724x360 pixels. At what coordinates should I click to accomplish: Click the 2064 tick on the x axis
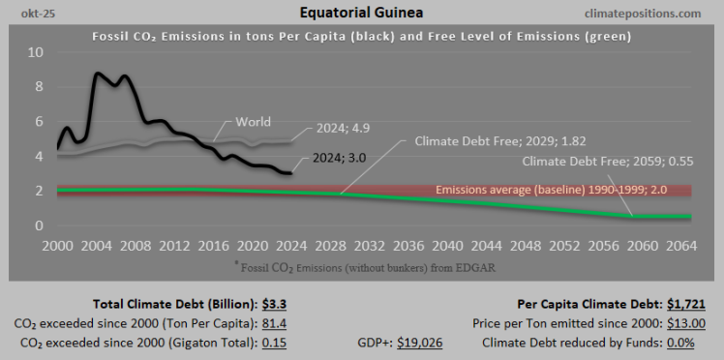coord(681,246)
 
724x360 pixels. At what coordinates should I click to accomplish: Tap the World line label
coord(253,123)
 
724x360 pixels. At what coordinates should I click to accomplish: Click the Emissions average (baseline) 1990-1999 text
coord(562,190)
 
